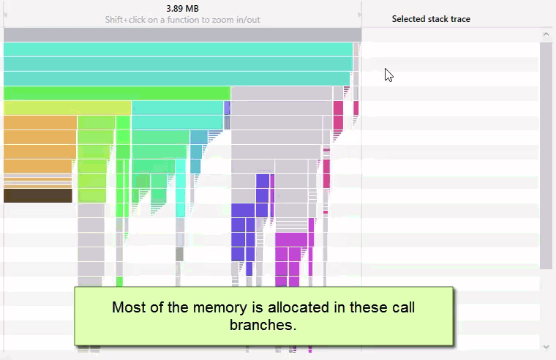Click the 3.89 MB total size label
[x=182, y=9]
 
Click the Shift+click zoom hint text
[x=182, y=20]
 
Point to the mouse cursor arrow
[x=388, y=74]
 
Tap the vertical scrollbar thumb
[x=546, y=154]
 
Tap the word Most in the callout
[x=128, y=307]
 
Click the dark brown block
[x=38, y=195]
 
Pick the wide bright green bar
[x=117, y=93]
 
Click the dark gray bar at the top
[x=182, y=34]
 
